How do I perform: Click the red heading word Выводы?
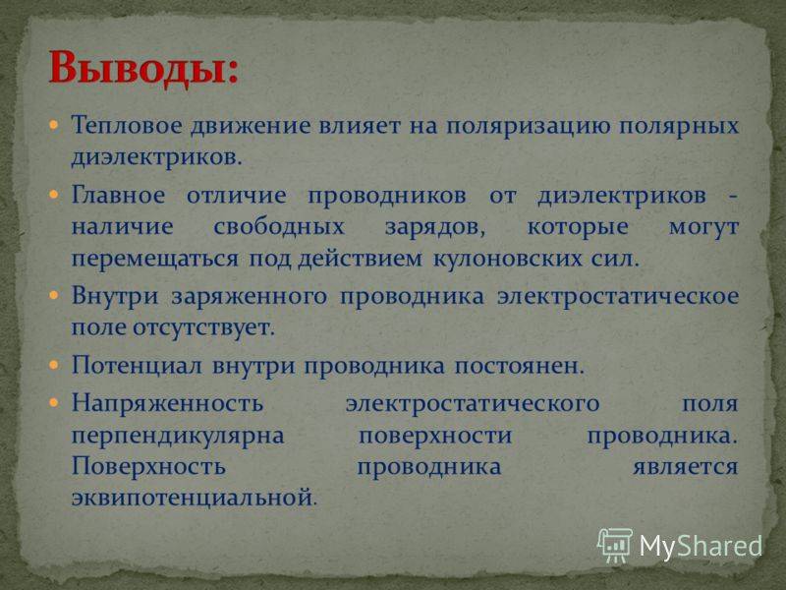[x=141, y=69]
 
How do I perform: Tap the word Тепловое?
[x=126, y=125]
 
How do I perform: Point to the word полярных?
[x=679, y=127]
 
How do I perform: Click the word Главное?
[x=118, y=195]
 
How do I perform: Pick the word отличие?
[x=236, y=195]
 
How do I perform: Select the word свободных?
[x=279, y=227]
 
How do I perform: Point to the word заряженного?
[x=250, y=297]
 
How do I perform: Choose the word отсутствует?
[x=203, y=328]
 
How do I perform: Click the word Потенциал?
[x=137, y=365]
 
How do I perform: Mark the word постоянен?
[x=520, y=366]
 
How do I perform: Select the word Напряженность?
[x=167, y=403]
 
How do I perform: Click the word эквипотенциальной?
[x=194, y=499]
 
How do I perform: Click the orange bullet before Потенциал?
[x=54, y=365]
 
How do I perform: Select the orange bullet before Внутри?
[x=54, y=295]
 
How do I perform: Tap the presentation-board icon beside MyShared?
[x=615, y=545]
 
